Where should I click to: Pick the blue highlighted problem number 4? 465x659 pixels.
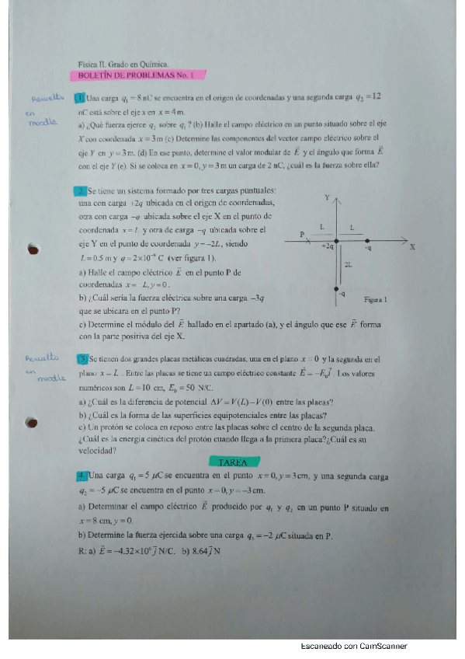[80, 475]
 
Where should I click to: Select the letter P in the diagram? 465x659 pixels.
[303, 234]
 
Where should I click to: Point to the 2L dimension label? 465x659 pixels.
[348, 265]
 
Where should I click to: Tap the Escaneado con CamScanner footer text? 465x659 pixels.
[353, 646]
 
